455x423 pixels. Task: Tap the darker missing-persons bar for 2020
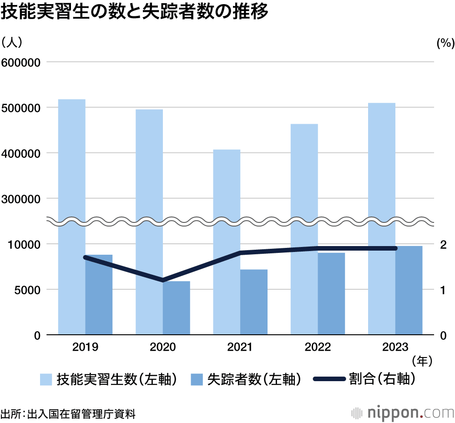click(177, 308)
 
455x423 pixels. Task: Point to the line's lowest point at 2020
click(163, 280)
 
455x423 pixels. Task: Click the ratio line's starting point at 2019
click(86, 257)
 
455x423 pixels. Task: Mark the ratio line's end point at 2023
click(395, 248)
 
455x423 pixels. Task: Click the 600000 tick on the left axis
click(21, 62)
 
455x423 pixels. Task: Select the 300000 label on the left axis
click(21, 199)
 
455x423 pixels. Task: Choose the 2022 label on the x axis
click(318, 348)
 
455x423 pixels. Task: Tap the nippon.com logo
click(403, 413)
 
